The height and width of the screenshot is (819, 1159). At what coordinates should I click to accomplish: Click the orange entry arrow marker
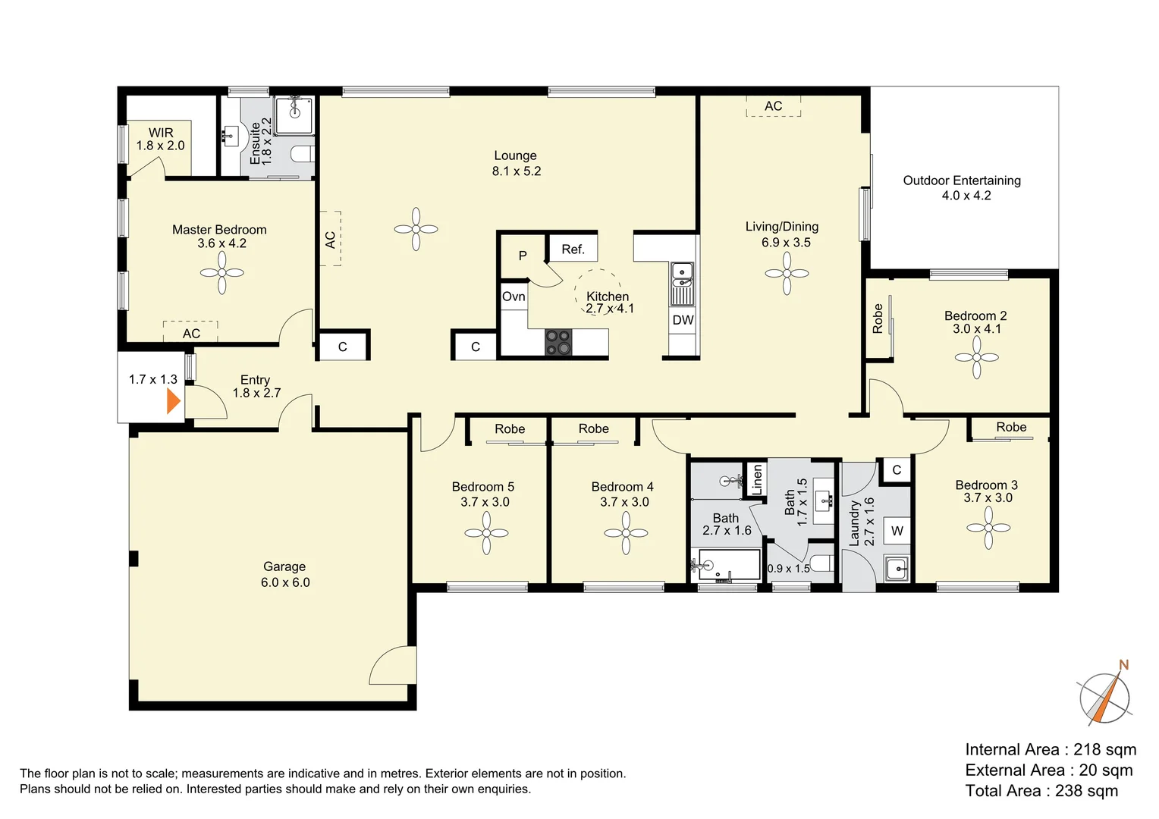pyautogui.click(x=174, y=400)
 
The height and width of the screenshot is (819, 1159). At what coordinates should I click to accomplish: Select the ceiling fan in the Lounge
pyautogui.click(x=416, y=229)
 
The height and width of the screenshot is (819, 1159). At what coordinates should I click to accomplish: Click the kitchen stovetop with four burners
pyautogui.click(x=558, y=342)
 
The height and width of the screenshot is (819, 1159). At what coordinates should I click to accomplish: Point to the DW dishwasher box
pyautogui.click(x=683, y=320)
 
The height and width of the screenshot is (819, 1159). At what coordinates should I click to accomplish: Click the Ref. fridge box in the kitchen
pyautogui.click(x=573, y=249)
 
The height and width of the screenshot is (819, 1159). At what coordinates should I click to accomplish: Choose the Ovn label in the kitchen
pyautogui.click(x=514, y=297)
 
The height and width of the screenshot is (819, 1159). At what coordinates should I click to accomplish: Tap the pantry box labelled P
pyautogui.click(x=523, y=256)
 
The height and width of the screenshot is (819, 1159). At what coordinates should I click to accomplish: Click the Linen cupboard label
pyautogui.click(x=756, y=480)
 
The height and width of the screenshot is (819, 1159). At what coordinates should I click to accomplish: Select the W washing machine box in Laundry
pyautogui.click(x=897, y=531)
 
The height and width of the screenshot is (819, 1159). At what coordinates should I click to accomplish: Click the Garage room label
pyautogui.click(x=284, y=574)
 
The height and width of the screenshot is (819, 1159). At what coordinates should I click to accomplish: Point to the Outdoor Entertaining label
pyautogui.click(x=962, y=187)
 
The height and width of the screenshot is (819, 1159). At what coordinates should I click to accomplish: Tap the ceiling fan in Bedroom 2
pyautogui.click(x=976, y=357)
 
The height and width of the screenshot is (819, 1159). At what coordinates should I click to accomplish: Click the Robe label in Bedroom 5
pyautogui.click(x=510, y=429)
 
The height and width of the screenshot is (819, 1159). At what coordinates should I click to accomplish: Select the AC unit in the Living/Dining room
pyautogui.click(x=773, y=106)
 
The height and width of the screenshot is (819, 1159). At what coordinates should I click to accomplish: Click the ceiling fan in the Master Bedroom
pyautogui.click(x=221, y=272)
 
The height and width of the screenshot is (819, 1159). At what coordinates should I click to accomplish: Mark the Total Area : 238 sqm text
pyautogui.click(x=1041, y=791)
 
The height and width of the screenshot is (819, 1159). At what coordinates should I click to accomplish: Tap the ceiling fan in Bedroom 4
pyautogui.click(x=626, y=533)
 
